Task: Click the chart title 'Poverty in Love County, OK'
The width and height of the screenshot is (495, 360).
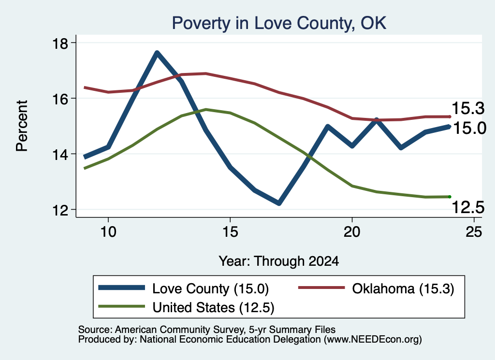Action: point(279,23)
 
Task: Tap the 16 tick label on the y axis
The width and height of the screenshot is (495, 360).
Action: point(59,99)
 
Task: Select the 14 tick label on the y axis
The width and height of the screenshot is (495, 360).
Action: point(59,154)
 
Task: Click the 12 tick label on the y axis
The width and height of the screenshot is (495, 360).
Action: point(59,210)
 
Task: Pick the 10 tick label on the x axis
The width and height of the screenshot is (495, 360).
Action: point(108,232)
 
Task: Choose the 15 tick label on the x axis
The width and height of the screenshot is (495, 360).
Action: point(230,232)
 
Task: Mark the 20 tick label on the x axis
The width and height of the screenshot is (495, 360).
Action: point(352,232)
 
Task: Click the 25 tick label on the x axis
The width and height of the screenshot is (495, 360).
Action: point(474,232)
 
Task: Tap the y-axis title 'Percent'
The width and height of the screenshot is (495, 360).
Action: point(22,126)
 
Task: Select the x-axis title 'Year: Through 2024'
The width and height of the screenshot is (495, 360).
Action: point(279,261)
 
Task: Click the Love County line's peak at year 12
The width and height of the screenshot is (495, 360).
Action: point(157,53)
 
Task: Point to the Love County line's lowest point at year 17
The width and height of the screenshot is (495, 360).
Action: point(279,203)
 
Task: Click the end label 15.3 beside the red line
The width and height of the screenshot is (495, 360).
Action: point(468,108)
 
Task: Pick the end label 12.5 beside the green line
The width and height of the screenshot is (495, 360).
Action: point(468,207)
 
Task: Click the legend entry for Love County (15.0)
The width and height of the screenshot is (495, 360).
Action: point(183,288)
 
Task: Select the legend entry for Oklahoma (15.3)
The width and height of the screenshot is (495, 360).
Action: point(376,288)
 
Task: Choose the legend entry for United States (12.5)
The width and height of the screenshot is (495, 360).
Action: point(186,307)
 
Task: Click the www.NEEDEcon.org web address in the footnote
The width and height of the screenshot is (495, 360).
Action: point(373,340)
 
